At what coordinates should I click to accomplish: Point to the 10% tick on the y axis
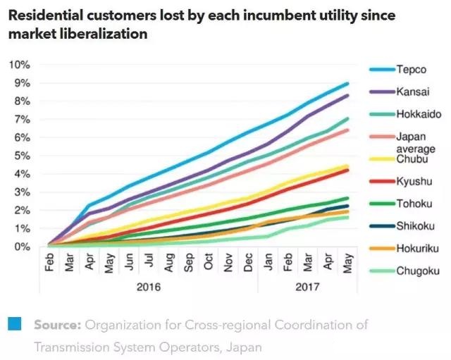[19, 65]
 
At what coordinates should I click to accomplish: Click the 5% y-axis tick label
[21, 156]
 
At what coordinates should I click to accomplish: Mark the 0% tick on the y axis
[21, 247]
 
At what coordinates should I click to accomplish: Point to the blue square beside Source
[14, 324]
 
